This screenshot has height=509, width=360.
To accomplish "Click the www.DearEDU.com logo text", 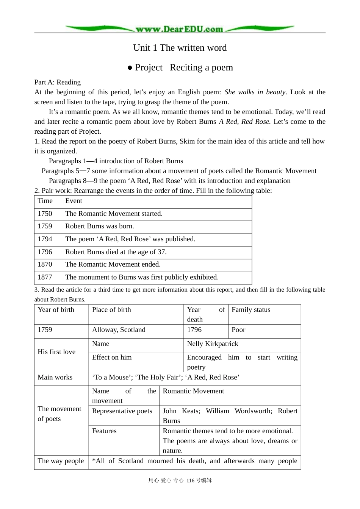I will [x=179, y=29].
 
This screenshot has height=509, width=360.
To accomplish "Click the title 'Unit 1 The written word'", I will [x=180, y=48].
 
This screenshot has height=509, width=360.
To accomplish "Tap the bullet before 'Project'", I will [x=130, y=68].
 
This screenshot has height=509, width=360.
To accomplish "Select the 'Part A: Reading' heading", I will [x=57, y=82].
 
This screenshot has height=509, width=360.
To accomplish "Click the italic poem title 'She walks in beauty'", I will [x=255, y=92].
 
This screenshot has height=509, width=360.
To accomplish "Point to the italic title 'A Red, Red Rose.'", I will [x=245, y=122].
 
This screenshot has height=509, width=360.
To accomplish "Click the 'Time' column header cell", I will [x=45, y=201].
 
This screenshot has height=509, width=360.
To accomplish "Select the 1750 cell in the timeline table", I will [x=45, y=214].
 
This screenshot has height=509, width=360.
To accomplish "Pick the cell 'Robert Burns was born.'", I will [x=100, y=226].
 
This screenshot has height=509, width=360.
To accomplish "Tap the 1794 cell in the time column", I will [x=45, y=239].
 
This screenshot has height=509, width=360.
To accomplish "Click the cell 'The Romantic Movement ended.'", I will [x=113, y=264].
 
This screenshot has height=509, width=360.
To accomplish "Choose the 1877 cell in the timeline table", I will [x=45, y=277].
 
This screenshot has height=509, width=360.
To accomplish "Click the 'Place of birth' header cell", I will [x=111, y=310].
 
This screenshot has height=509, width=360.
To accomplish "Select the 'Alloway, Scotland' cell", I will [x=119, y=330].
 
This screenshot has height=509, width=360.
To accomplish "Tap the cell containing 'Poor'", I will [x=238, y=330].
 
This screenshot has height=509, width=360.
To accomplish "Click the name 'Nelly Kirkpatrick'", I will [x=213, y=344].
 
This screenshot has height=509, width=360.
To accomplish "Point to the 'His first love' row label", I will [x=56, y=352].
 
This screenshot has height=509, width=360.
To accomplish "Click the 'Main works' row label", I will [x=55, y=378].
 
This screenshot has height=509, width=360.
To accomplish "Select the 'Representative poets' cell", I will [x=122, y=411].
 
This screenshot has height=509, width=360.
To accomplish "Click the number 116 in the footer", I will [x=190, y=481].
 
